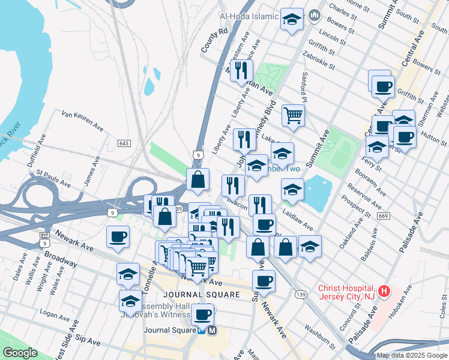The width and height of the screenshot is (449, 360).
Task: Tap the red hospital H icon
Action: [385, 293]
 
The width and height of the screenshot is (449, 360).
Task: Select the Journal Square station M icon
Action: [212, 329]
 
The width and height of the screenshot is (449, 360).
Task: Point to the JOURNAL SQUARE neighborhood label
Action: [202, 295]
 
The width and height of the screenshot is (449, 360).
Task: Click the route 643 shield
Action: [124, 143]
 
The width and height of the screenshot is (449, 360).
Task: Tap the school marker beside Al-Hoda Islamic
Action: [292, 20]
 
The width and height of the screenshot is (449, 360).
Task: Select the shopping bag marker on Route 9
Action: [197, 178]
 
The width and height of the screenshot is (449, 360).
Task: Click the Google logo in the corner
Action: [20, 353]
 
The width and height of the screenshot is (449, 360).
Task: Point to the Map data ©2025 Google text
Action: [412, 355]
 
